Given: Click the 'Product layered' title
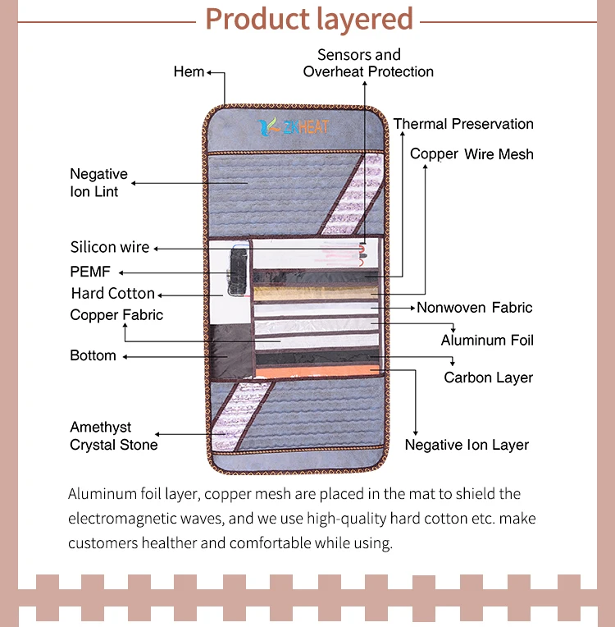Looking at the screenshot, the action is pyautogui.click(x=309, y=18).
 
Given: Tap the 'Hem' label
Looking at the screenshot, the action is pyautogui.click(x=189, y=71).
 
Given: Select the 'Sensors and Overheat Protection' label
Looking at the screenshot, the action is pyautogui.click(x=368, y=63).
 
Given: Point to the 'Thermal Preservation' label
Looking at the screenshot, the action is pyautogui.click(x=463, y=124).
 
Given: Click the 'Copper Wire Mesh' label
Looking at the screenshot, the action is pyautogui.click(x=471, y=153).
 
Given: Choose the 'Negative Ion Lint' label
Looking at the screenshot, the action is pyautogui.click(x=98, y=182).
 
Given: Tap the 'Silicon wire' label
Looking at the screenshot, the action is pyautogui.click(x=110, y=247).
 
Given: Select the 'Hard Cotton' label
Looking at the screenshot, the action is pyautogui.click(x=112, y=293).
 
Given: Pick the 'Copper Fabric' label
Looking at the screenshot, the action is pyautogui.click(x=116, y=314).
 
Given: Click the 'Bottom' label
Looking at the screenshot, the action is pyautogui.click(x=93, y=355).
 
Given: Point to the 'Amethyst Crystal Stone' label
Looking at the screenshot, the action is pyautogui.click(x=113, y=436).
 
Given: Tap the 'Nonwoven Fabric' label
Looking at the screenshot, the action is pyautogui.click(x=474, y=308).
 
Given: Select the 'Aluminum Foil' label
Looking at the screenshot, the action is pyautogui.click(x=487, y=340).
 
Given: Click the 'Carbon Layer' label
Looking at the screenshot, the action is pyautogui.click(x=488, y=378).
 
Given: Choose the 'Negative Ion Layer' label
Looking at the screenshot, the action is pyautogui.click(x=467, y=445).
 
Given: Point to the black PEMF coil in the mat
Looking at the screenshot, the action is pyautogui.click(x=235, y=268).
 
